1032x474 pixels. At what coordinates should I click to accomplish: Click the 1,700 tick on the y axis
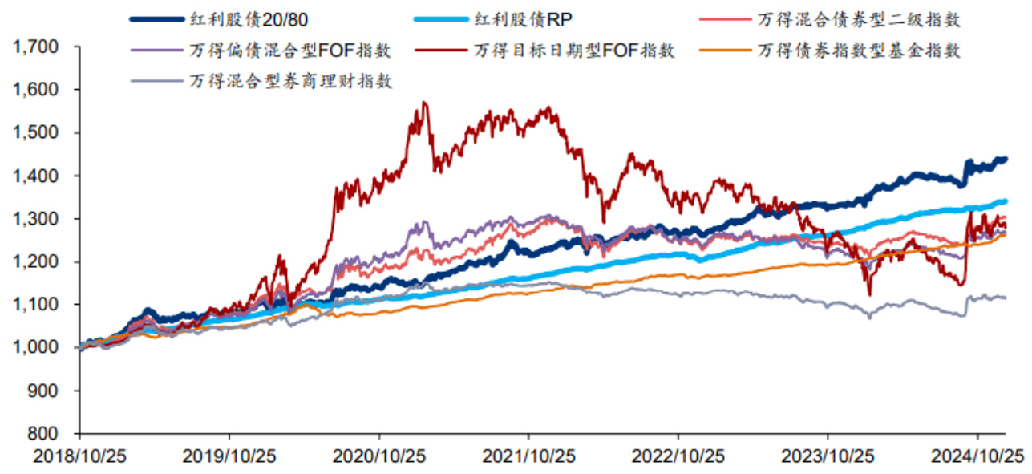36,47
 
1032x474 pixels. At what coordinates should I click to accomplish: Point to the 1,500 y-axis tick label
36,133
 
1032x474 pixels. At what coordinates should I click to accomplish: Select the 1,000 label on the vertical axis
36,347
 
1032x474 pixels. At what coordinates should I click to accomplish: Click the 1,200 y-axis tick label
36,262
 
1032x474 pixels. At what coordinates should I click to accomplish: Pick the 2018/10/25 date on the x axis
79,456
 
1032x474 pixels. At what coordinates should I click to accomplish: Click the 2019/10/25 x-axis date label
229,456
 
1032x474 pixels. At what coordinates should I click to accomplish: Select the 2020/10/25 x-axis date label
379,456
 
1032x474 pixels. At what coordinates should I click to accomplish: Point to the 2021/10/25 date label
528,456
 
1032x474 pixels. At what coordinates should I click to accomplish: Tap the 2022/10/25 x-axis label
678,456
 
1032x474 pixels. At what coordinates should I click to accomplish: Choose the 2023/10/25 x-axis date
828,456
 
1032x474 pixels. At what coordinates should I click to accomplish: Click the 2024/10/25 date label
977,456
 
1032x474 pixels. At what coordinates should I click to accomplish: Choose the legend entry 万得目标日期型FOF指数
574,51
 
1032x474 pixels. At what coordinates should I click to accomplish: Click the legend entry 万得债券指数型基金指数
859,51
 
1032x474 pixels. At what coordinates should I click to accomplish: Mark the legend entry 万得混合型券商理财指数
292,81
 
